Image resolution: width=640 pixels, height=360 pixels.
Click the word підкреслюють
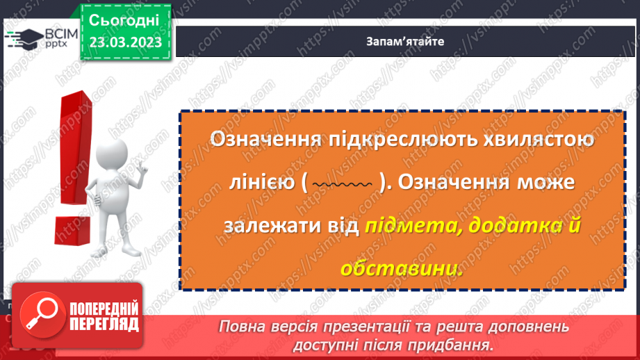[x=393, y=138]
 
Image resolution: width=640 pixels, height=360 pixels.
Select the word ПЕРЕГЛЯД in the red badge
[x=104, y=325]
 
